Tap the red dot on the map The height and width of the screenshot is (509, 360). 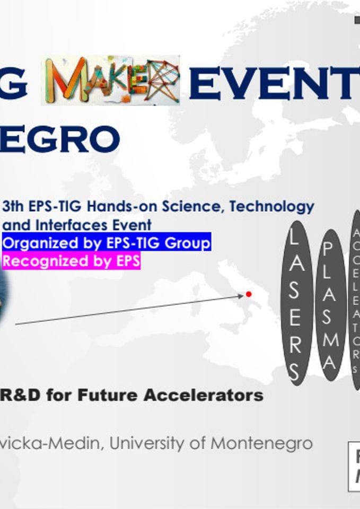[249, 294]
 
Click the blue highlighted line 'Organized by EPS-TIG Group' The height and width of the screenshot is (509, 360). [107, 243]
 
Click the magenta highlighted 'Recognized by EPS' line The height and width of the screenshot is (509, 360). [71, 261]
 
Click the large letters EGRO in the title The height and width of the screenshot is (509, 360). [59, 139]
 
